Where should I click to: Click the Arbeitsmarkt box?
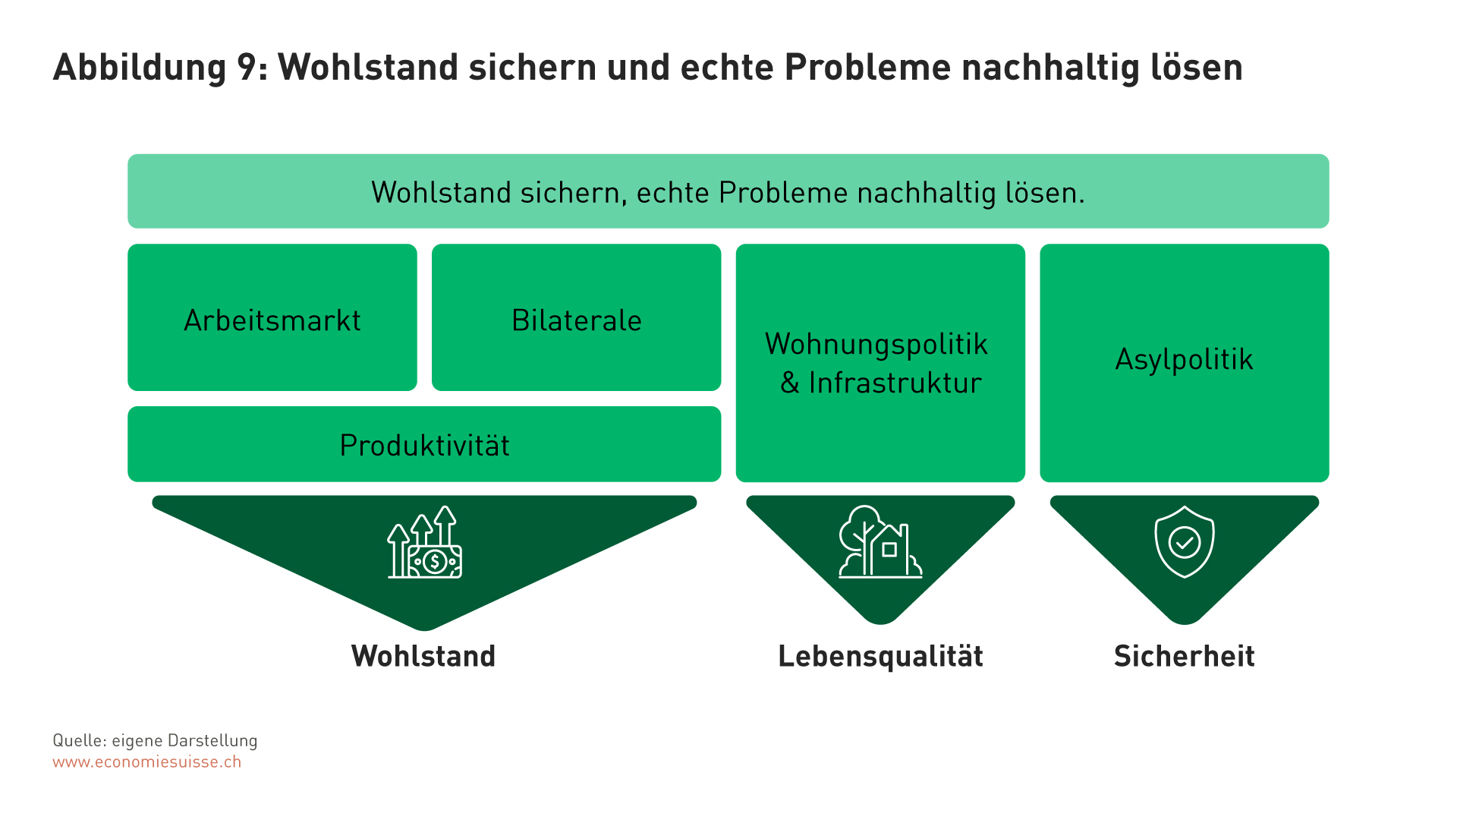[x=272, y=317]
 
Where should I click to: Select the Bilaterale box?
[x=576, y=317]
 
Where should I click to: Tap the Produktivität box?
[x=424, y=444]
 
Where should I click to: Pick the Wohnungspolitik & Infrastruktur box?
[x=880, y=363]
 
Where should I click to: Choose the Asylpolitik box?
[x=1185, y=363]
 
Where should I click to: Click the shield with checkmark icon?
[x=1185, y=542]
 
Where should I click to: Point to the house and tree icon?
[x=880, y=542]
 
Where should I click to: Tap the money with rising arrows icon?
[x=424, y=542]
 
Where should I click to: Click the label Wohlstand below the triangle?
[x=423, y=656]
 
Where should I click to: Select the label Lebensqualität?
[x=880, y=657]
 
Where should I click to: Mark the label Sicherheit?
[x=1185, y=656]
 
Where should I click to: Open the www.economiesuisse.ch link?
[x=147, y=762]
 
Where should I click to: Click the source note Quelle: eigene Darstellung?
[x=155, y=740]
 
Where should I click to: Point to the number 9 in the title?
[x=247, y=67]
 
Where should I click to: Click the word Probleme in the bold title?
[x=867, y=67]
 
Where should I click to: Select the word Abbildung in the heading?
[x=140, y=68]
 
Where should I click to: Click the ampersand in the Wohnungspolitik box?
[x=790, y=383]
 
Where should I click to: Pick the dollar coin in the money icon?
[x=435, y=562]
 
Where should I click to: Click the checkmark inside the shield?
[x=1185, y=543]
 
